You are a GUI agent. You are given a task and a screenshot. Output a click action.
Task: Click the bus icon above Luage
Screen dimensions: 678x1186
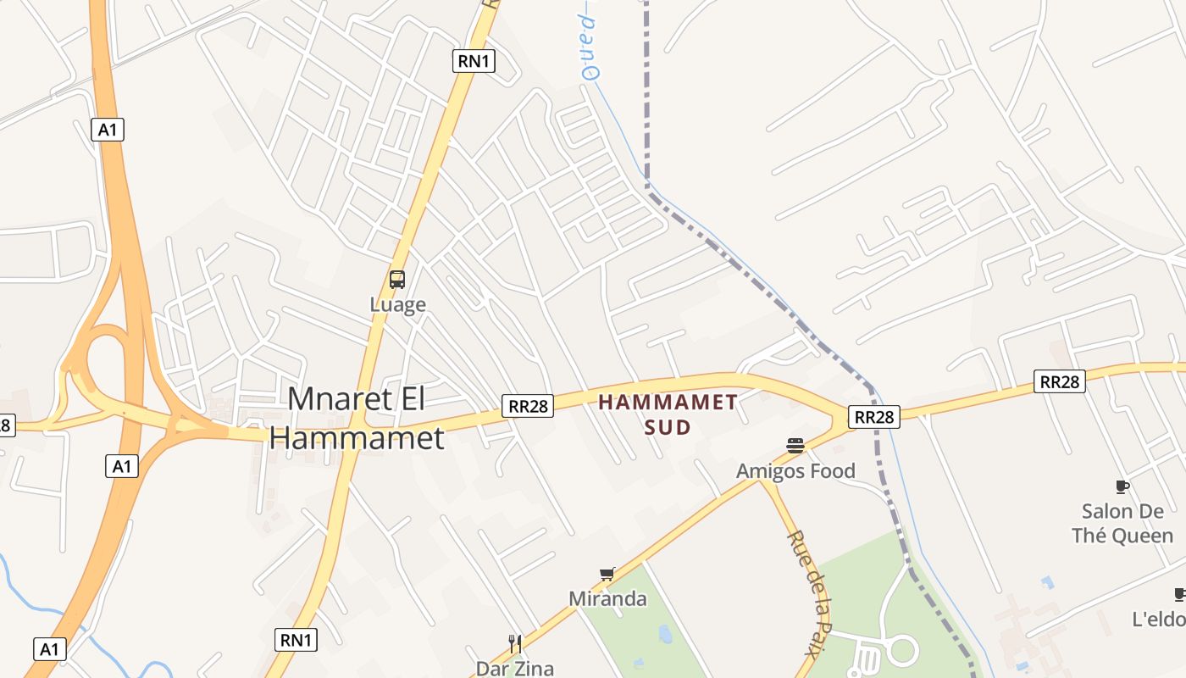click(397, 279)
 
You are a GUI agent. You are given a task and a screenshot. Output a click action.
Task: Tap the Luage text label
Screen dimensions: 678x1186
click(397, 304)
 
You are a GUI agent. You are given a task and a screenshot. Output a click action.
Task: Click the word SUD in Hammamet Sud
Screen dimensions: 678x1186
click(668, 427)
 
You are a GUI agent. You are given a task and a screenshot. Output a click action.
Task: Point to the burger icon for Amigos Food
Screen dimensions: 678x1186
click(795, 446)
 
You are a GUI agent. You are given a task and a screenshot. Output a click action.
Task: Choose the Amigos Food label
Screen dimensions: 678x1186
click(795, 471)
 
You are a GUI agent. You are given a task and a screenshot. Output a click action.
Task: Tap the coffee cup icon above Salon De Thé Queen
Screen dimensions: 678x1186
click(1122, 486)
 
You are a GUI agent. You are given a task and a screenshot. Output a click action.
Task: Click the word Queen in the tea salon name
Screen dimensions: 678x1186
click(1143, 536)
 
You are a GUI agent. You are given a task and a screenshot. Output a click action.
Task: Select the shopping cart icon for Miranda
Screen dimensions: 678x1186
click(607, 575)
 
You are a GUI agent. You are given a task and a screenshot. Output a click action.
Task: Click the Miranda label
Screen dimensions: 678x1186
click(607, 599)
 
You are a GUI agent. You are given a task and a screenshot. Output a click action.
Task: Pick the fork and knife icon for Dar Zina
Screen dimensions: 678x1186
click(514, 644)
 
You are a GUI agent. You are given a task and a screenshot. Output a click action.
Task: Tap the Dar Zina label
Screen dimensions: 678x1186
click(514, 669)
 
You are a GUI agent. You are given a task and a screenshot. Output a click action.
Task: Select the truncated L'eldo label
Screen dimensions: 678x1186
click(1158, 620)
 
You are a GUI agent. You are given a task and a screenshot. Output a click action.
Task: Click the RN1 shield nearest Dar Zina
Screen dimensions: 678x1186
click(296, 639)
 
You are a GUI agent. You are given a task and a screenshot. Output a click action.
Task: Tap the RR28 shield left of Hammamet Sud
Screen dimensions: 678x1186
click(527, 406)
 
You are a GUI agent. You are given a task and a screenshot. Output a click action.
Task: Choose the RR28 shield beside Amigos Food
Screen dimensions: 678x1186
click(874, 417)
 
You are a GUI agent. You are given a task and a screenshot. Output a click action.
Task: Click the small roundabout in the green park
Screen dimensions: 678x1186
click(901, 651)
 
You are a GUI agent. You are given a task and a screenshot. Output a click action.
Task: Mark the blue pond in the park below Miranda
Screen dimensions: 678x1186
click(664, 634)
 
